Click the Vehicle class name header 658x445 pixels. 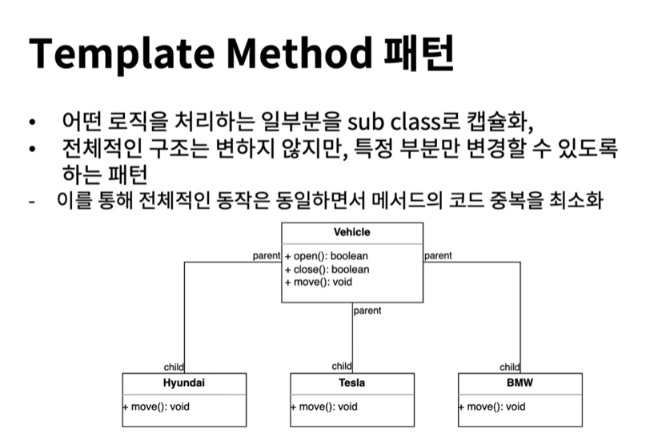[352, 233]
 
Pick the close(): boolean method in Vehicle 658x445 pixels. [327, 269]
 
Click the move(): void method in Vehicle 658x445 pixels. [319, 282]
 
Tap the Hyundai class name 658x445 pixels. [184, 383]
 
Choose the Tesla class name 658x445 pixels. [352, 383]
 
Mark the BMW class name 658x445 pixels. [520, 383]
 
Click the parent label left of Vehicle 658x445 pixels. [267, 256]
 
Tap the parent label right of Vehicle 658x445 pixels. [438, 256]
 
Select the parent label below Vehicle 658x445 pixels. [367, 311]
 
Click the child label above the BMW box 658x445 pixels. [509, 367]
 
